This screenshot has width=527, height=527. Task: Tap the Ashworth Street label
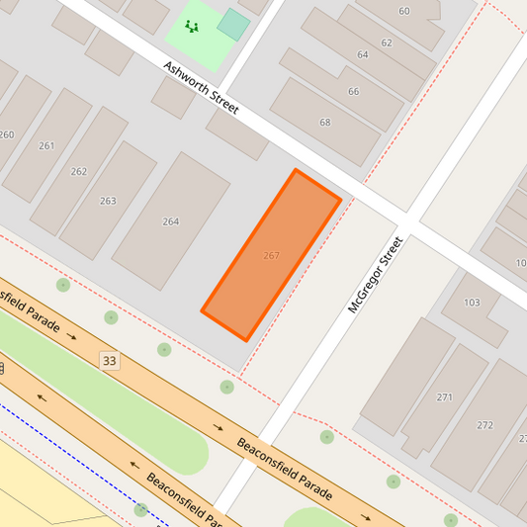(202, 88)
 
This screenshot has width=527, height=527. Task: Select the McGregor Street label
(376, 274)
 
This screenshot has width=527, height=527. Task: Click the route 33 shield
(109, 361)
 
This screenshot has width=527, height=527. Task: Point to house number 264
(171, 221)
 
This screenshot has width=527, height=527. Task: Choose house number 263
(108, 201)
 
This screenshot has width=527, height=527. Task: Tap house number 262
(79, 171)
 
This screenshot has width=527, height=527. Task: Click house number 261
(46, 145)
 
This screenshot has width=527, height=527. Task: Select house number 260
(7, 134)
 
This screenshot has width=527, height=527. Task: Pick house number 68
(325, 123)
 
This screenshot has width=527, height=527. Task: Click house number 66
(353, 91)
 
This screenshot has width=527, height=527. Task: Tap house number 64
(363, 54)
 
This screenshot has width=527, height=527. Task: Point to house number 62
(386, 43)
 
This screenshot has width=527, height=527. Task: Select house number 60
(403, 11)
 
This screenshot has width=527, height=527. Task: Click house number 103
(472, 303)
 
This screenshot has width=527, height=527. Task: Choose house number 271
(445, 397)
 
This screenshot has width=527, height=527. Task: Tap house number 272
(484, 425)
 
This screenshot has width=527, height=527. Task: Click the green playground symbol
(191, 26)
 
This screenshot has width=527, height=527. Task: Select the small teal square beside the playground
(233, 25)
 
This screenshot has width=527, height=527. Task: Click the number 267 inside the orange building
(271, 255)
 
